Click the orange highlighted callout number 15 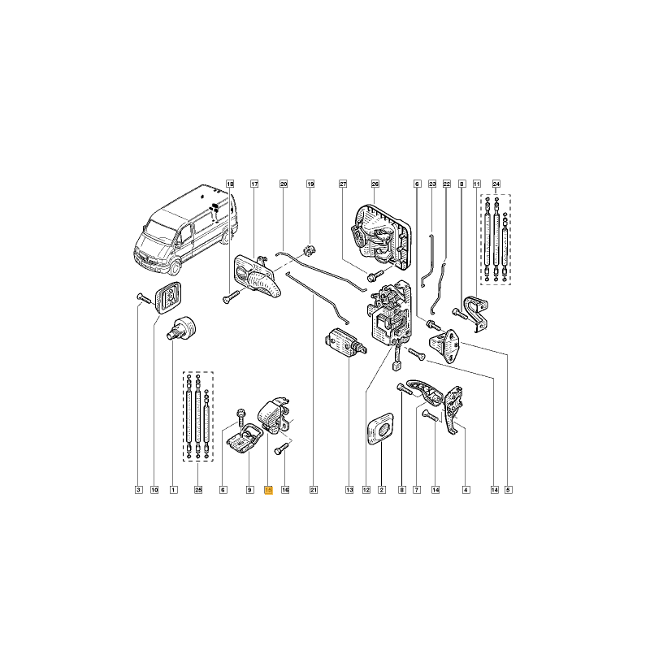click(268, 490)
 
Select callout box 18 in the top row click(230, 184)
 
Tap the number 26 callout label click(375, 184)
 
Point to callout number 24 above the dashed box click(496, 184)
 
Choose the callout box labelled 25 click(198, 490)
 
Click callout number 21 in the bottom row click(314, 490)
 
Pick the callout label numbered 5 click(509, 490)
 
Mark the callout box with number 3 click(139, 490)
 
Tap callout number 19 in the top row click(310, 184)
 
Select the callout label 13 click(349, 490)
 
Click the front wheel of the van click(175, 268)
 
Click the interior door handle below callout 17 click(257, 277)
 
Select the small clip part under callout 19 click(309, 251)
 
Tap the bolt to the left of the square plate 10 click(145, 298)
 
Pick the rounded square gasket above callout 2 click(381, 429)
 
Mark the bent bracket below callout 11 click(475, 314)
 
